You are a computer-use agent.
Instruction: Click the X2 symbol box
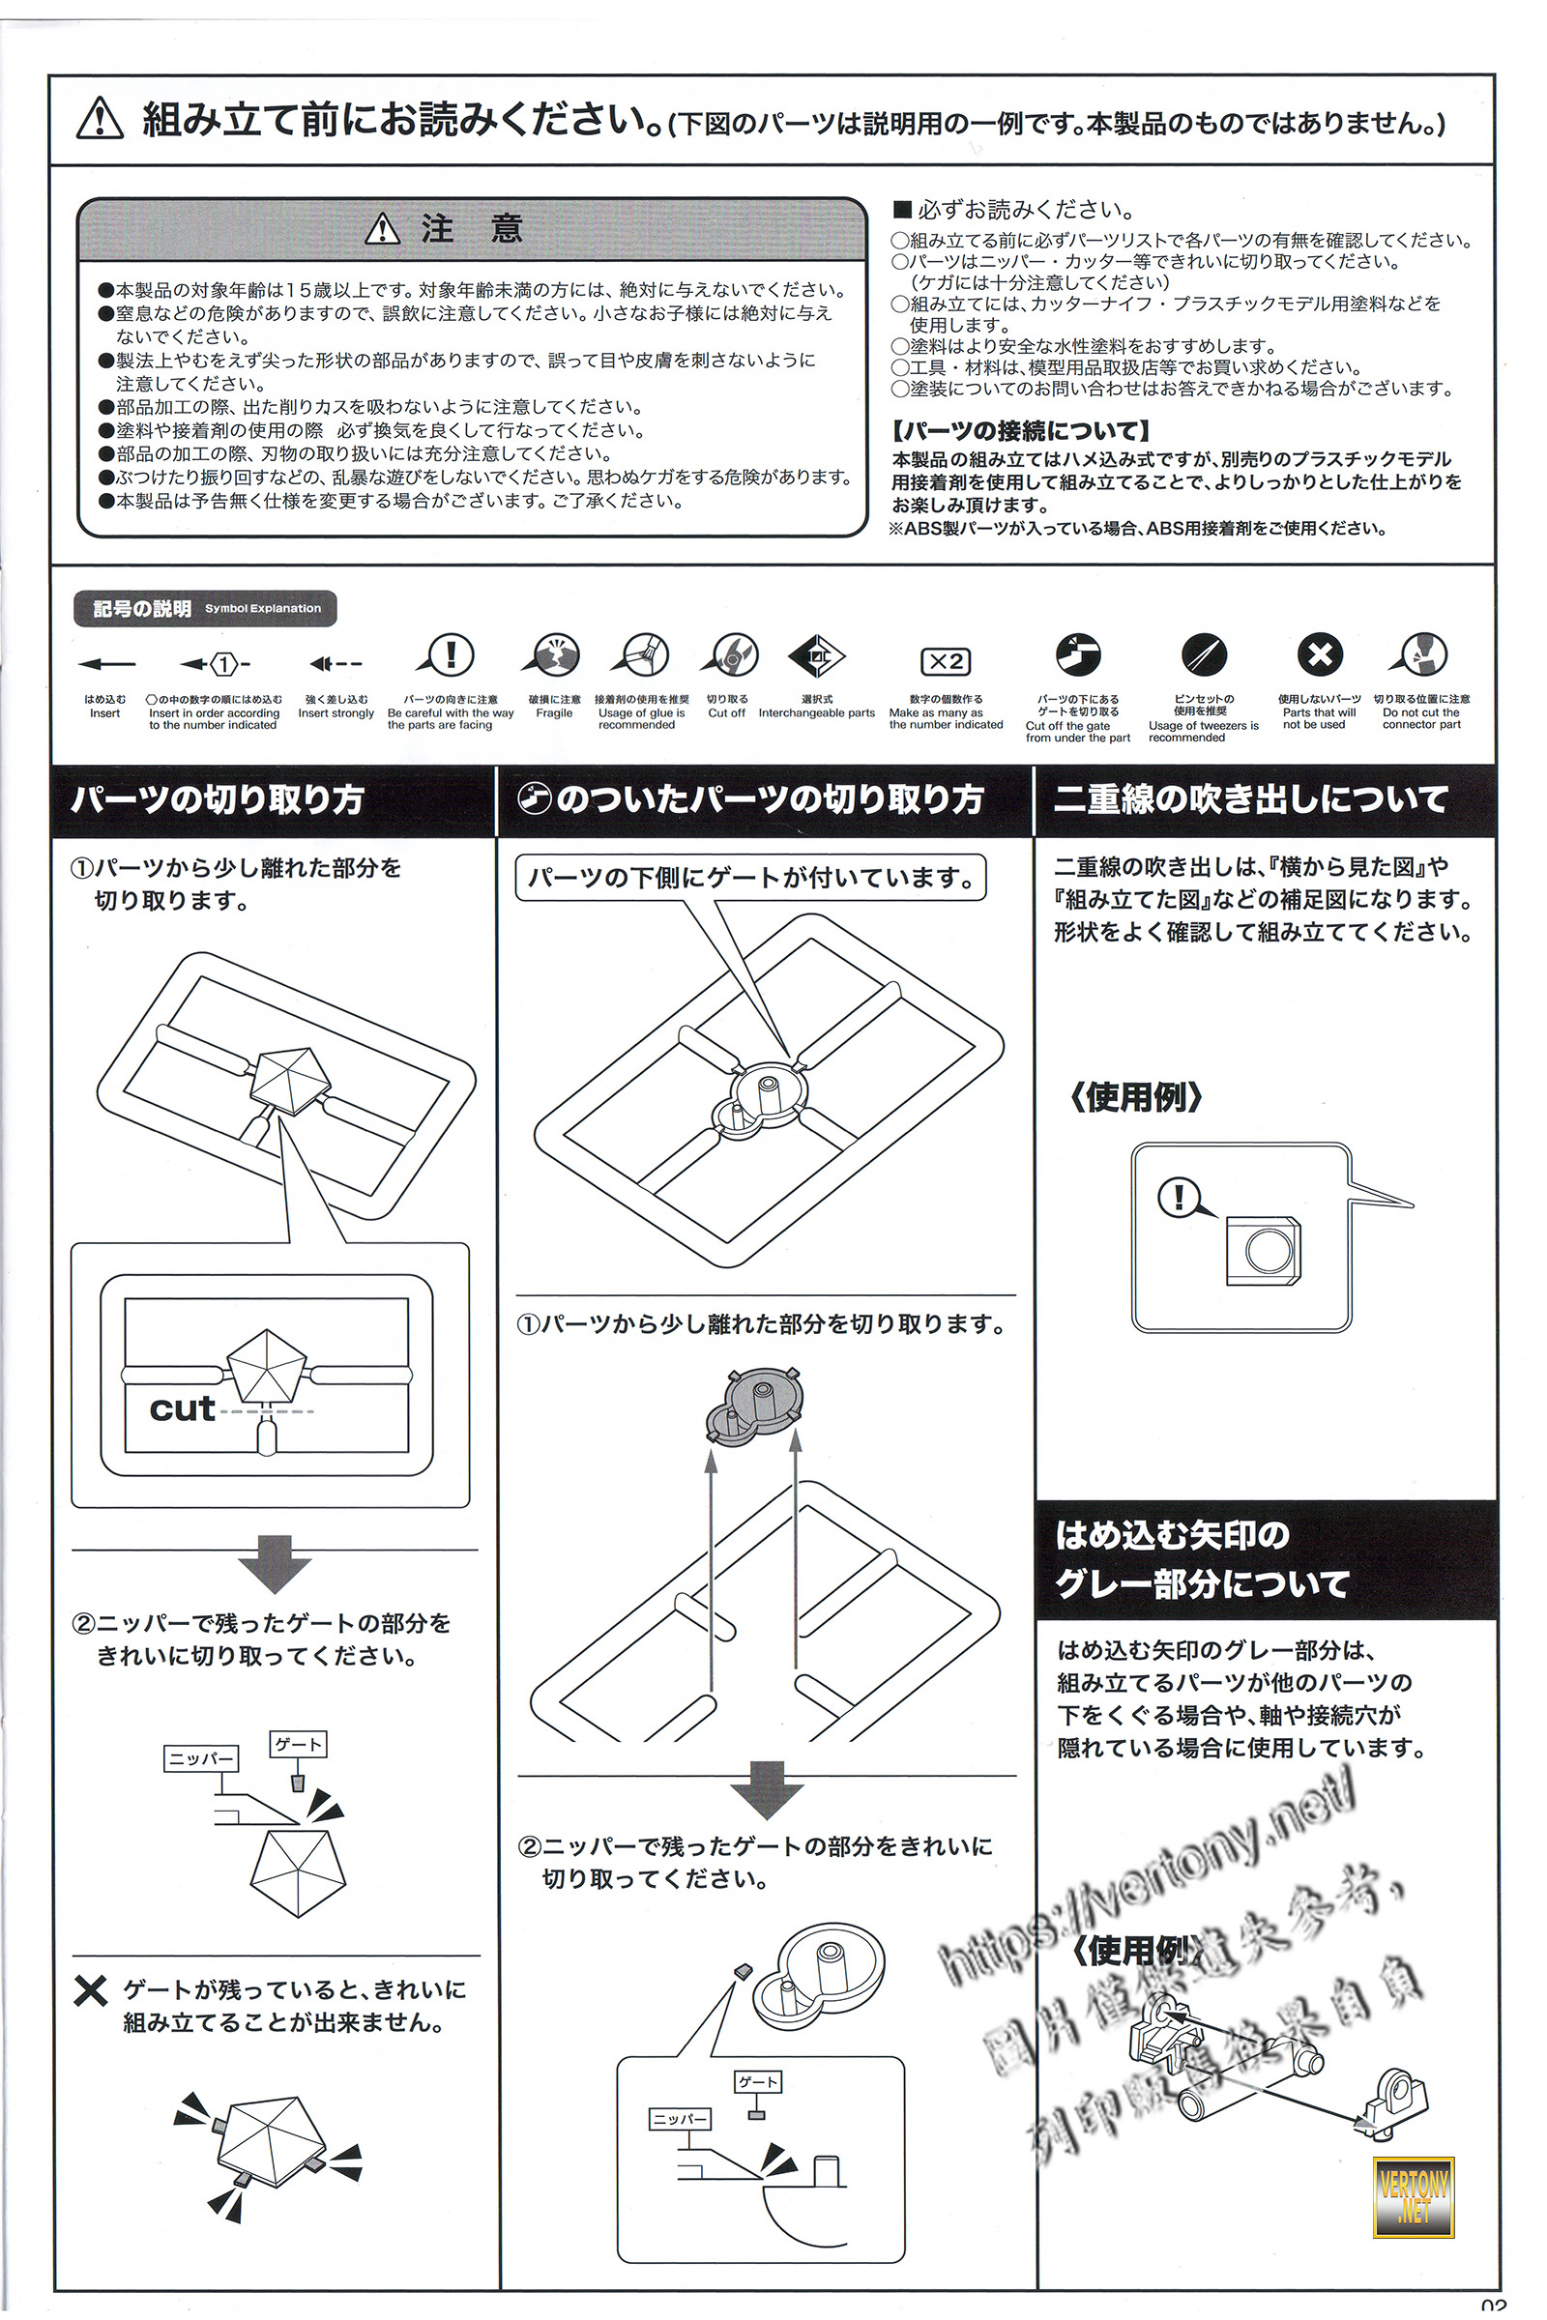[x=946, y=661]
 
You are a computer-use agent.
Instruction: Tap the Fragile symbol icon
[x=554, y=655]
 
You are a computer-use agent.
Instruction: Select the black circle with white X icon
[x=1319, y=654]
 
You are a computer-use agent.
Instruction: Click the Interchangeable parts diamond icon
[x=816, y=655]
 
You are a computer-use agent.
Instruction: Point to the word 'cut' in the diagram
[x=182, y=1407]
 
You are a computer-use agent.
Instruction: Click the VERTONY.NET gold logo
[x=1413, y=2196]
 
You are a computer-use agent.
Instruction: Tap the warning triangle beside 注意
[x=382, y=230]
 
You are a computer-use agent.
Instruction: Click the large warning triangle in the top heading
[x=100, y=119]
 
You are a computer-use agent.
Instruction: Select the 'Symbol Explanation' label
[x=262, y=609]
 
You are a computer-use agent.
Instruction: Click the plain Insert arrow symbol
[x=105, y=664]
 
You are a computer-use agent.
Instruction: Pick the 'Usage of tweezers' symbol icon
[x=1204, y=655]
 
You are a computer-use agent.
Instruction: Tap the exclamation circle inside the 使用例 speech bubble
[x=1176, y=1198]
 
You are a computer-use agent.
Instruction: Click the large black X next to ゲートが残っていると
[x=90, y=1991]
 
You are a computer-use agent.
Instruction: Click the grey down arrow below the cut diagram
[x=275, y=1562]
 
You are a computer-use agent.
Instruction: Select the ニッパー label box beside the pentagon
[x=201, y=1757]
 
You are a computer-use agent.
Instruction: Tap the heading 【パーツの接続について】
[x=1020, y=430]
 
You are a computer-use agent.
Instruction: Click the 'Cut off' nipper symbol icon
[x=730, y=655]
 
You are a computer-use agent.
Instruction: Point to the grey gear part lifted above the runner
[x=755, y=1406]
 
